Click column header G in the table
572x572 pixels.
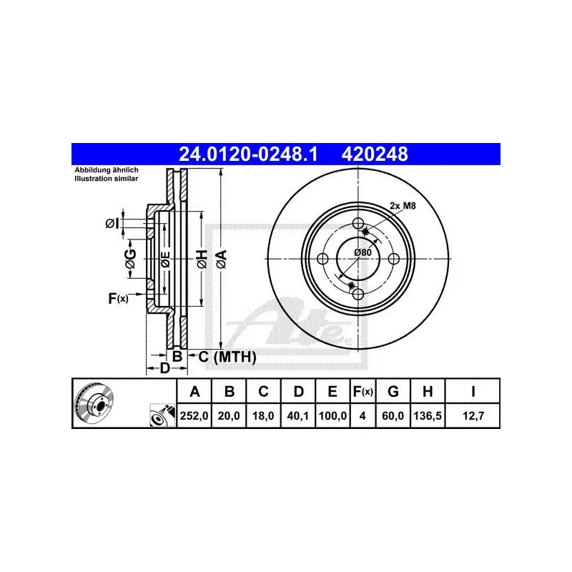click(x=393, y=391)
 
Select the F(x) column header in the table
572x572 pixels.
click(x=363, y=391)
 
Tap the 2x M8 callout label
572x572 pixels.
click(x=401, y=206)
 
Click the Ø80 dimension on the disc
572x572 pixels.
click(x=363, y=252)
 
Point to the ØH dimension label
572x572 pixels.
click(x=202, y=259)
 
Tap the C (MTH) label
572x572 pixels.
click(x=226, y=356)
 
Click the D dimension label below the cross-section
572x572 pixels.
click(x=164, y=368)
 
